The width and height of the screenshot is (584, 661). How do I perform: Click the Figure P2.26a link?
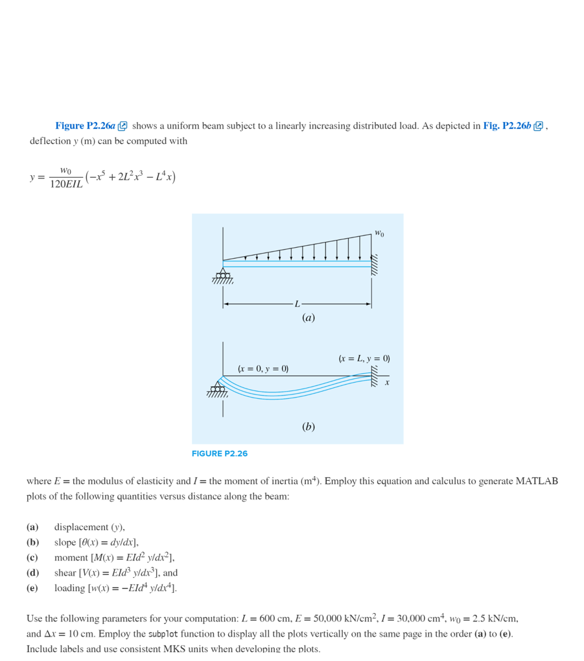coord(85,126)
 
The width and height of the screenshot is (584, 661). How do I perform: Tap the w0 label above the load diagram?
coord(379,233)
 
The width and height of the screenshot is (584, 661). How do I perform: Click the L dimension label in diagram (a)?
coord(298,304)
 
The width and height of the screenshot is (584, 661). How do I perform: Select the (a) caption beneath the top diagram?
coord(308,318)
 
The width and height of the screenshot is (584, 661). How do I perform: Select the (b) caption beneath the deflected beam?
coord(308,426)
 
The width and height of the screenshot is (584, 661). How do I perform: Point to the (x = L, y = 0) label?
coord(364,358)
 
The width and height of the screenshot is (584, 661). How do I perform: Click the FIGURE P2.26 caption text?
coord(220,453)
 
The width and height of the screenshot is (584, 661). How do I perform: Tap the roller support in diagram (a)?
coord(223,274)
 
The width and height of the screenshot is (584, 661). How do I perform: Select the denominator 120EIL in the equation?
coord(66,185)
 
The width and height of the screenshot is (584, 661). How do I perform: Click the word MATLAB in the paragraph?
coord(536,481)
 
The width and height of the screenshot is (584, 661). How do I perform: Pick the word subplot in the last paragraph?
coord(163,634)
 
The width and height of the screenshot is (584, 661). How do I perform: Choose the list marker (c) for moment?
coord(32,557)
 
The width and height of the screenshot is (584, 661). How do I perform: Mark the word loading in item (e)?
coord(71,588)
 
